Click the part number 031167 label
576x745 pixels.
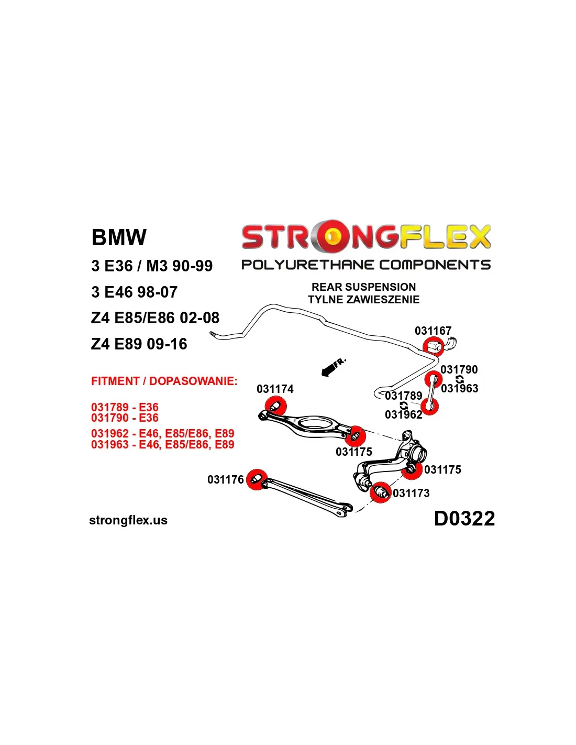(433, 331)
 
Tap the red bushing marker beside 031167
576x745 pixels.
(433, 347)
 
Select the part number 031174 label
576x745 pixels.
(275, 389)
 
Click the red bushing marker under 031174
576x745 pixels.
(275, 407)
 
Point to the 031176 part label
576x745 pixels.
(225, 479)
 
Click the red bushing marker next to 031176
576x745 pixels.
(257, 479)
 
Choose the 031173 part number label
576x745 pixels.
(411, 493)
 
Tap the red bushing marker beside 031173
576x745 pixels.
(381, 492)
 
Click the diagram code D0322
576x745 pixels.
(464, 519)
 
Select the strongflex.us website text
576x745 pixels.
(128, 520)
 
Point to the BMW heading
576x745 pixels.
(119, 237)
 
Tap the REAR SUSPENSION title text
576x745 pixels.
(363, 287)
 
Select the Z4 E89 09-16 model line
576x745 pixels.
(139, 344)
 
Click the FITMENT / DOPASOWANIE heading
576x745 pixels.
(164, 381)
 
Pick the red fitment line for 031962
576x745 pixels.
(162, 434)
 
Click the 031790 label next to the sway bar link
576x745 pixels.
(459, 369)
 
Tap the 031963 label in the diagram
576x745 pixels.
(459, 388)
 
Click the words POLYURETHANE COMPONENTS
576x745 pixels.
(365, 265)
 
